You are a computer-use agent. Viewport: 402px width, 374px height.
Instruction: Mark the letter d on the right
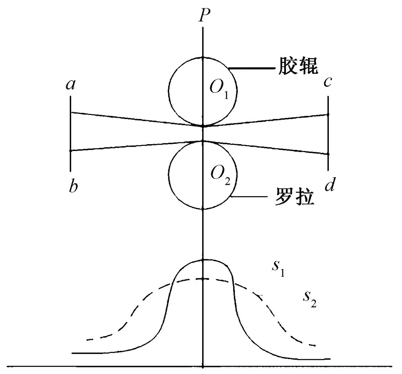coord(330,186)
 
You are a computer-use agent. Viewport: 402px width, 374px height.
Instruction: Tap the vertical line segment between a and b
coord(70,133)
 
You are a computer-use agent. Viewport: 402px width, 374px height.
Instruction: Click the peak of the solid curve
coord(203,260)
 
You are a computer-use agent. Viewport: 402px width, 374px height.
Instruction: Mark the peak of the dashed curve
coord(203,278)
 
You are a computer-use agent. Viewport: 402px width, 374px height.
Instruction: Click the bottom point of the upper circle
coord(203,126)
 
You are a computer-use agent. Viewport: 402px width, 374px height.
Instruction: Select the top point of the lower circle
coord(203,141)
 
